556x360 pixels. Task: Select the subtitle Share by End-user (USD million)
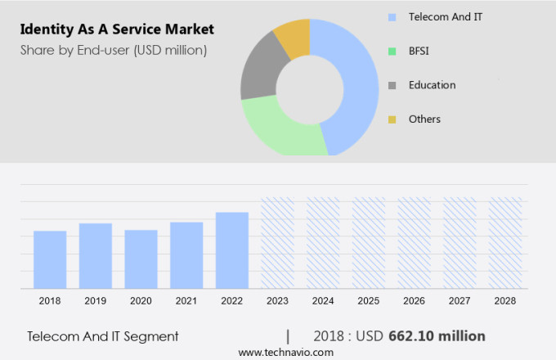click(x=114, y=50)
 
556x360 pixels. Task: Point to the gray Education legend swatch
click(x=392, y=85)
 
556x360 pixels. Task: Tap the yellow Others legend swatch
click(x=392, y=119)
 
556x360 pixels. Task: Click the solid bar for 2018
click(x=50, y=259)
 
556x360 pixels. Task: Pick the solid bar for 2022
click(x=232, y=250)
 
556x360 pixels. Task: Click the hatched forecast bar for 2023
click(x=277, y=242)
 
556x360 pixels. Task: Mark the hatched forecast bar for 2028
click(x=505, y=242)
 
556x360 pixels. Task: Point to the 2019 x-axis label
click(x=96, y=301)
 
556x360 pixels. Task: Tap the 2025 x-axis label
click(x=369, y=301)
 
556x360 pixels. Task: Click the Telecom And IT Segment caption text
click(x=102, y=336)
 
